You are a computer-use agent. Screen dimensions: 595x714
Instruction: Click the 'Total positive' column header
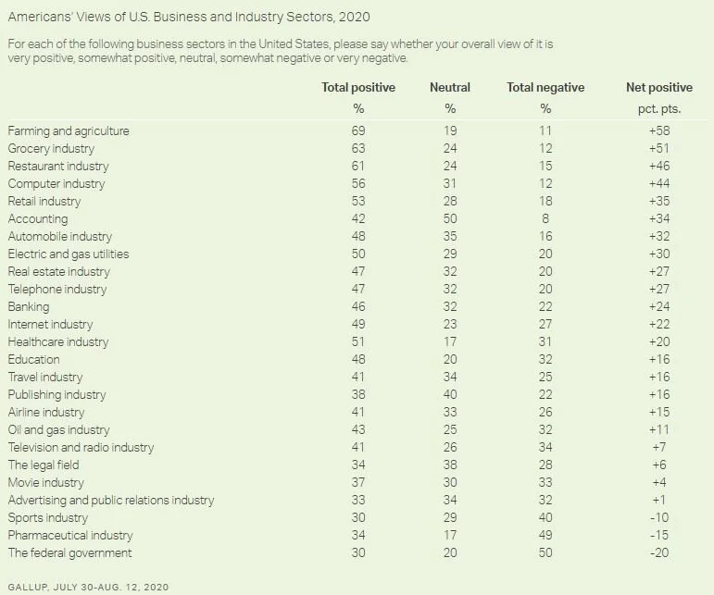[x=357, y=88]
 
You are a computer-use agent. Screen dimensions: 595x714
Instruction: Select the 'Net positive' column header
[x=658, y=88]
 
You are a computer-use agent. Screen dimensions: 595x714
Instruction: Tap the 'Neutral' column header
[x=450, y=88]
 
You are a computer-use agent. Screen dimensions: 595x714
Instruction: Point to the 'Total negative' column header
[x=545, y=88]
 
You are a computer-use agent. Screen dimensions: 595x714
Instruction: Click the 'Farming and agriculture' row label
[x=69, y=131]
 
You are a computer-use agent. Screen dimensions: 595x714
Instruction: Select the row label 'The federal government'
[x=70, y=553]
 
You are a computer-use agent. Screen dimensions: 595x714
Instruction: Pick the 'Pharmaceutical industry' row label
[x=70, y=536]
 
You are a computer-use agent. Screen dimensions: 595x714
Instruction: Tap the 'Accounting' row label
[x=38, y=219]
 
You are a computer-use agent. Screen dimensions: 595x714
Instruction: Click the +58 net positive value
[x=658, y=131]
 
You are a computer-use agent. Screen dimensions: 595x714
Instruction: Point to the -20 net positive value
[x=658, y=553]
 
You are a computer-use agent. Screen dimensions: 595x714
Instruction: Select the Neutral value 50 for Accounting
[x=450, y=219]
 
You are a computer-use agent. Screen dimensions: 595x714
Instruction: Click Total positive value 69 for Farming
[x=357, y=131]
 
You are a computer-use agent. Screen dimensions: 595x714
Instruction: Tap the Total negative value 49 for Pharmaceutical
[x=545, y=536]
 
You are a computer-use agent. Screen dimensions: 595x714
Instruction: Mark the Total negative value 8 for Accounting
[x=545, y=219]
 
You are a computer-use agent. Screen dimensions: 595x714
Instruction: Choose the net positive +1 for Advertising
[x=658, y=501]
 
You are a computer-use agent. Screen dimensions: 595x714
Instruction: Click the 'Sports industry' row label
[x=48, y=518]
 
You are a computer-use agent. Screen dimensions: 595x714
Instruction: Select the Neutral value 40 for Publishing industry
[x=450, y=395]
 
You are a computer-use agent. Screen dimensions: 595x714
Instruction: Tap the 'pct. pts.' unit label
[x=658, y=109]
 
